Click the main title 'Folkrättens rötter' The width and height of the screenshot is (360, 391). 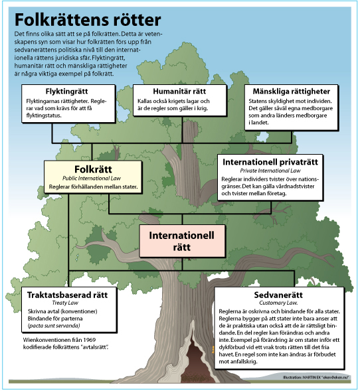point(88,20)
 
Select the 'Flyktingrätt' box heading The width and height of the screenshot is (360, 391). point(66,92)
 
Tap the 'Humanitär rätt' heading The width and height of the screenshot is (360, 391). point(179,91)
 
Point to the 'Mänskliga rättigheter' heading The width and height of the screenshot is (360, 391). point(292,92)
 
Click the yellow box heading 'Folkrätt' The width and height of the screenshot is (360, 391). point(93,169)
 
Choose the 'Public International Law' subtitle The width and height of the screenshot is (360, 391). point(92,179)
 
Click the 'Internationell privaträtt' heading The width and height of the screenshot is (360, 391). point(270,162)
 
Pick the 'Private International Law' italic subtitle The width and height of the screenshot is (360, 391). point(270,171)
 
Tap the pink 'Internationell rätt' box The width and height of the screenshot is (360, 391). point(182,241)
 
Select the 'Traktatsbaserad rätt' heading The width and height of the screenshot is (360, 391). point(67,295)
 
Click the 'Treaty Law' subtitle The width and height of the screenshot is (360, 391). point(65,303)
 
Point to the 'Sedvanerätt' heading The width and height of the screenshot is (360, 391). point(278,295)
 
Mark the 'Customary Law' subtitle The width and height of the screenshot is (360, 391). point(278,303)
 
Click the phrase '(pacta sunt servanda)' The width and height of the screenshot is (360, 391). point(54,326)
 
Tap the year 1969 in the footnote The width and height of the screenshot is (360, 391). point(89,340)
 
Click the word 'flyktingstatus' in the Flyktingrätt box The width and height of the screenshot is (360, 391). point(43,116)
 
